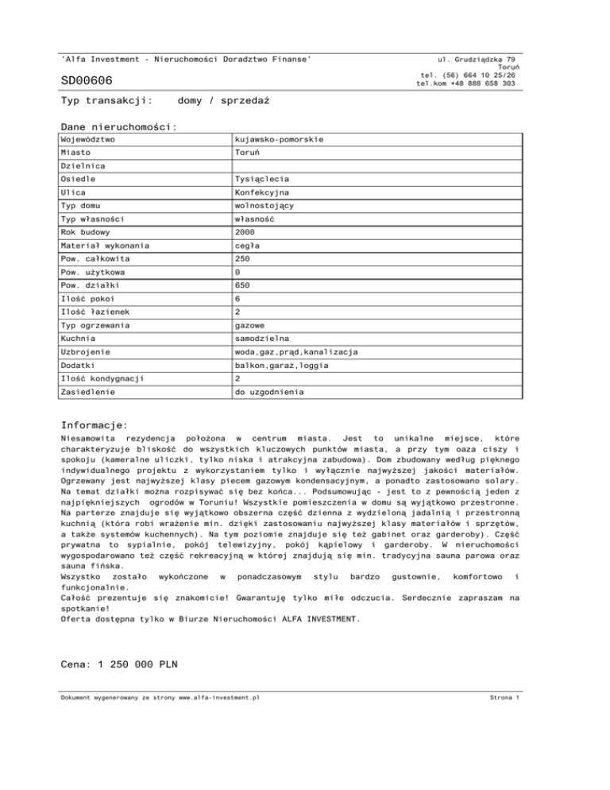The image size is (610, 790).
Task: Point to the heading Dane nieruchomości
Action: [118, 126]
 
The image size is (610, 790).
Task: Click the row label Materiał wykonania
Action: [105, 246]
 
